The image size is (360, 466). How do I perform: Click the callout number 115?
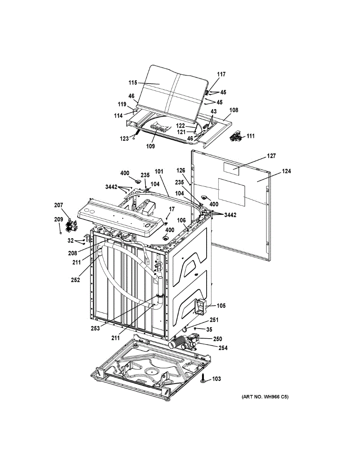(133, 83)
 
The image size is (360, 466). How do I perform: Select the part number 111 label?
(251, 136)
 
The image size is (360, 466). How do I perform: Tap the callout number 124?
(287, 171)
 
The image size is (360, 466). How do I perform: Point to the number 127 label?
(271, 156)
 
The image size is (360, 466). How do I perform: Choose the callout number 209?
(58, 219)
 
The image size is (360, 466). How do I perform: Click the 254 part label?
(223, 348)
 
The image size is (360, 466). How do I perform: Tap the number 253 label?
(95, 328)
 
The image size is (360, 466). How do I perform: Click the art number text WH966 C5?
(265, 397)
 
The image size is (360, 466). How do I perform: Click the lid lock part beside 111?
(235, 136)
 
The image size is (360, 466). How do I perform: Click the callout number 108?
(233, 110)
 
